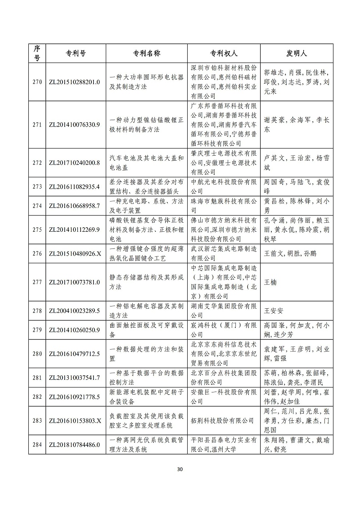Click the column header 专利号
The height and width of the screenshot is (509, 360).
click(x=73, y=53)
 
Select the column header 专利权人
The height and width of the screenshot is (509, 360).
click(x=223, y=53)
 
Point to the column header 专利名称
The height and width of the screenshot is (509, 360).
click(x=147, y=53)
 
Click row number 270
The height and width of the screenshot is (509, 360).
click(x=37, y=82)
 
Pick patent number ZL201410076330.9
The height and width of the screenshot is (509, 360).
click(x=73, y=125)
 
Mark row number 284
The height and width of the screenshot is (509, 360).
click(x=37, y=445)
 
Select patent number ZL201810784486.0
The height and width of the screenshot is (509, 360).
click(x=73, y=445)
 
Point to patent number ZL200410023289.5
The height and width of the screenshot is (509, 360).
click(x=73, y=311)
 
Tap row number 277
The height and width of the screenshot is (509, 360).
click(x=37, y=282)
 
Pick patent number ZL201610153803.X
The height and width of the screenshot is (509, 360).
click(x=73, y=420)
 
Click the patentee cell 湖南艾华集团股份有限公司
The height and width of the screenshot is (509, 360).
click(x=223, y=311)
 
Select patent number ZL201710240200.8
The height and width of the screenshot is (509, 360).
click(x=73, y=162)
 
